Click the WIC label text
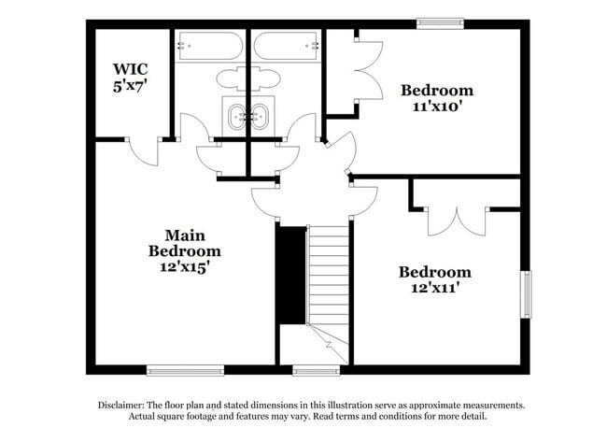(x=130, y=69)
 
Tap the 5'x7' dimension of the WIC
(x=130, y=84)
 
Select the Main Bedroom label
(x=185, y=243)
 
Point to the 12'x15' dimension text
(x=185, y=266)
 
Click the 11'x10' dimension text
(x=437, y=106)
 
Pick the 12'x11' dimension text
(x=435, y=288)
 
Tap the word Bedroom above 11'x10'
(x=437, y=91)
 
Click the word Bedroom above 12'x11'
(x=435, y=272)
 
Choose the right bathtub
(x=286, y=45)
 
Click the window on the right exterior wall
(x=526, y=293)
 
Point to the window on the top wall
(x=440, y=23)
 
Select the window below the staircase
(x=316, y=370)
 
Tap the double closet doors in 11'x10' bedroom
(x=368, y=72)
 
